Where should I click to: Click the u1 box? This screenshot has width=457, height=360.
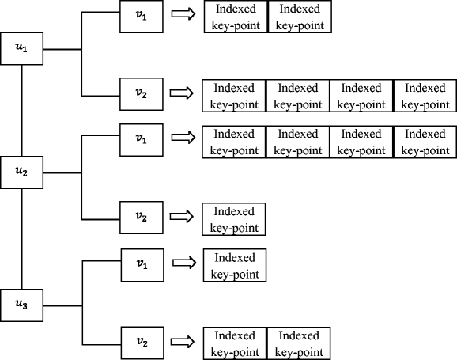22,48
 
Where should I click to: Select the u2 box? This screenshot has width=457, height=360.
22,172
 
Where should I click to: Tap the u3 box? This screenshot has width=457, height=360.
22,305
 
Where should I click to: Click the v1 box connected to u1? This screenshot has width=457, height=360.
142,17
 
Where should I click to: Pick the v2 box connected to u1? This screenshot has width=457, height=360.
142,94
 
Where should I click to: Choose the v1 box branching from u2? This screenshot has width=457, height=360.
142,140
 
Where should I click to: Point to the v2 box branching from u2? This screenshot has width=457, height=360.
142,218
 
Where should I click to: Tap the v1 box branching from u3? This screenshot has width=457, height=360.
142,265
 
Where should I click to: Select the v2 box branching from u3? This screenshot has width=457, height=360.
142,343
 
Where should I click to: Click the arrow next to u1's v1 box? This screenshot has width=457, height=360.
183,13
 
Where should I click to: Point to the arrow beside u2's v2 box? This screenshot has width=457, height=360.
182,217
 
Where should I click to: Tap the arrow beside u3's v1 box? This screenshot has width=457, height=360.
184,263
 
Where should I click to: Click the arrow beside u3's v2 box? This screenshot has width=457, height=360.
183,342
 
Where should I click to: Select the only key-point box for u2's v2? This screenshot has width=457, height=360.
234,219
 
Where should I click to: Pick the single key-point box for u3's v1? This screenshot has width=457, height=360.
235,265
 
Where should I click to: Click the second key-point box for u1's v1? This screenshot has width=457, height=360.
300,17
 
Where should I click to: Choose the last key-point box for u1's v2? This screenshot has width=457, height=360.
425,96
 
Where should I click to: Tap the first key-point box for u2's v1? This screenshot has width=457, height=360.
234,142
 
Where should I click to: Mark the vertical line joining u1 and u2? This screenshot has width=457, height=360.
22,110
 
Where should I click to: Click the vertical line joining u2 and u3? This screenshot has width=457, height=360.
22,239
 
